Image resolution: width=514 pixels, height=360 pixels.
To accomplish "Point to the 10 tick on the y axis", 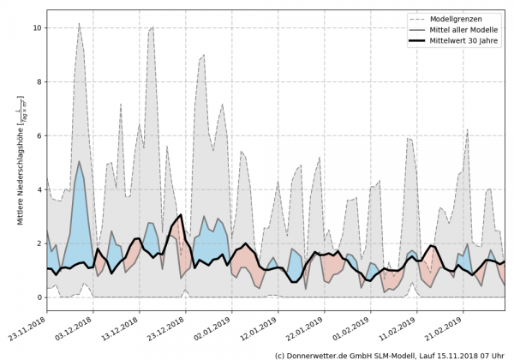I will [x=37, y=27].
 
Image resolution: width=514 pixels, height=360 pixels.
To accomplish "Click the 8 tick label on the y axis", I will [x=37, y=81].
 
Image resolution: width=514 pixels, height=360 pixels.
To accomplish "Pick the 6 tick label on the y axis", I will [x=37, y=135].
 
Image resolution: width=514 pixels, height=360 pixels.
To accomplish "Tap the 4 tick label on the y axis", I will [x=37, y=189].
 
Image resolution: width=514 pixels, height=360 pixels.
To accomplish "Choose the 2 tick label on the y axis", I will [x=37, y=243].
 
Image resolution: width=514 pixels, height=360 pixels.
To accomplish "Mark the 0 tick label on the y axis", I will [x=37, y=297].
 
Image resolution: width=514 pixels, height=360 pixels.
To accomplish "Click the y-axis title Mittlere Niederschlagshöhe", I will [x=20, y=162].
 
